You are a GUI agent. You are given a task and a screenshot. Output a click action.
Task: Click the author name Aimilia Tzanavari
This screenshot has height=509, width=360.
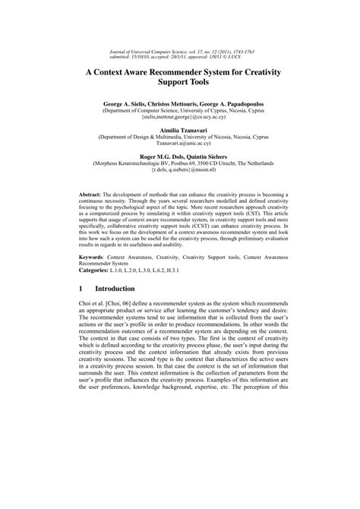pos(180,131)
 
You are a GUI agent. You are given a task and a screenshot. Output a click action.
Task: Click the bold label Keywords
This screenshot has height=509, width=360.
pos(96,258)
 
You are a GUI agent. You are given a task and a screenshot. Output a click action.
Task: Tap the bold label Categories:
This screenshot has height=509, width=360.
pos(100,270)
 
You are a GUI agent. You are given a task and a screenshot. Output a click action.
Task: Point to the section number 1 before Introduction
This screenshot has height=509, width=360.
pos(82,289)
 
